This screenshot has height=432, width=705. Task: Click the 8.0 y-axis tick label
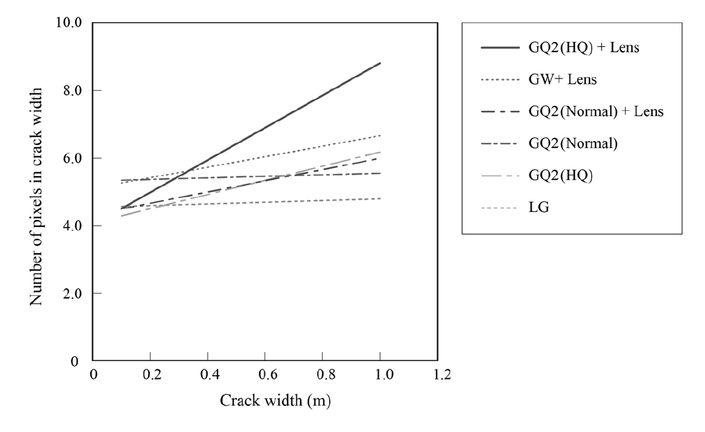click(x=72, y=90)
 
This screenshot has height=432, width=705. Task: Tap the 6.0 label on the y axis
click(x=72, y=158)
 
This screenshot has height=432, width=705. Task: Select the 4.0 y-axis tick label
click(x=72, y=226)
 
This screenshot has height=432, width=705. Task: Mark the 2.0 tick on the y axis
click(x=72, y=294)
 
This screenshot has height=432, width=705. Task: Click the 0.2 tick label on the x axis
click(x=151, y=375)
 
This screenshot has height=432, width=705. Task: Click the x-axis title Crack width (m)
click(x=275, y=401)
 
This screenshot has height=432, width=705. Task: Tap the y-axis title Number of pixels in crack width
click(x=36, y=197)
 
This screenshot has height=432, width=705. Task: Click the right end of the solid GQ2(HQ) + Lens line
click(x=380, y=63)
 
